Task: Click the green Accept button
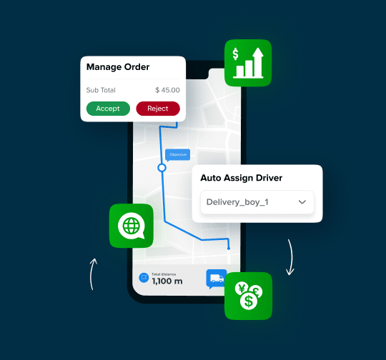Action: [108, 109]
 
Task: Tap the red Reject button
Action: [158, 109]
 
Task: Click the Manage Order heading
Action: [118, 67]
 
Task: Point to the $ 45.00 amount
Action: [167, 90]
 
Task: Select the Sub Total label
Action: [101, 90]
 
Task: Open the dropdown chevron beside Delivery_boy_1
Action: [302, 202]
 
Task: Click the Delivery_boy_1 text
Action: [237, 202]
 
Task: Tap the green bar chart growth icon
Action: [248, 63]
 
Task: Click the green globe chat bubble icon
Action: [132, 226]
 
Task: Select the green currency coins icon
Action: [248, 295]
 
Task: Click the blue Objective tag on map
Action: [177, 154]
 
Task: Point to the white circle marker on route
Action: [162, 168]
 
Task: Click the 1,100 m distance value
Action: [167, 281]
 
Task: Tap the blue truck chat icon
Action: [215, 279]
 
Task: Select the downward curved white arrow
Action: [291, 257]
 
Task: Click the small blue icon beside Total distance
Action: [143, 277]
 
